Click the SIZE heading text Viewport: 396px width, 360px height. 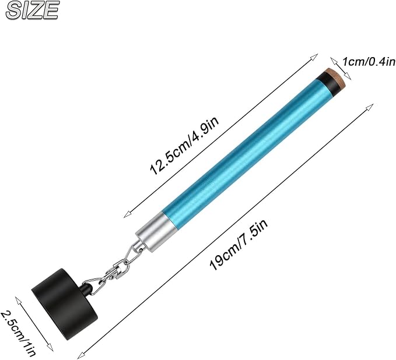click(33, 10)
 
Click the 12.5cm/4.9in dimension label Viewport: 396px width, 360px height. click(184, 145)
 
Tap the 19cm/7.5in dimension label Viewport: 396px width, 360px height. click(239, 244)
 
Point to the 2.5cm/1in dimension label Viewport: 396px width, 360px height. click(19, 333)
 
